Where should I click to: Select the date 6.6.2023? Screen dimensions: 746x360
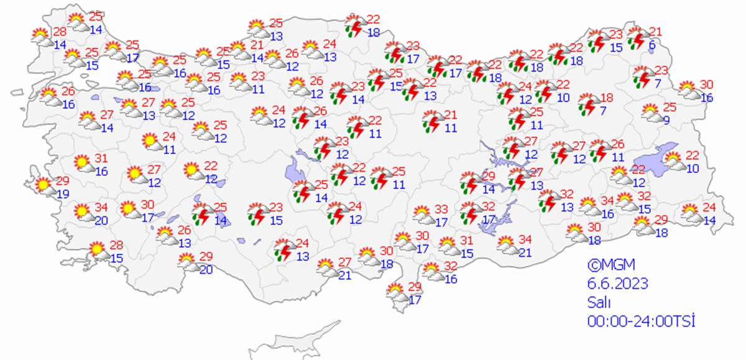(x=618, y=284)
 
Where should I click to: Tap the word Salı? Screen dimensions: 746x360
(x=599, y=303)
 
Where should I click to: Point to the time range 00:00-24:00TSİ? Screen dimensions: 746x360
(x=640, y=321)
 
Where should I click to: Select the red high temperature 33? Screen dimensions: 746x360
(x=441, y=210)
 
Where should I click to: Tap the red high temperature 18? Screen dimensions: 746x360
(x=607, y=98)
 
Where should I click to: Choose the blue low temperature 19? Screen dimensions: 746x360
(x=62, y=193)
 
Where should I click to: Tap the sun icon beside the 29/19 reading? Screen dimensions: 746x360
(x=43, y=185)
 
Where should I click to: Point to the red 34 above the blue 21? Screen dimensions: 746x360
(x=526, y=239)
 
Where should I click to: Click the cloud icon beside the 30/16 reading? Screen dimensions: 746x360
(x=688, y=91)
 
